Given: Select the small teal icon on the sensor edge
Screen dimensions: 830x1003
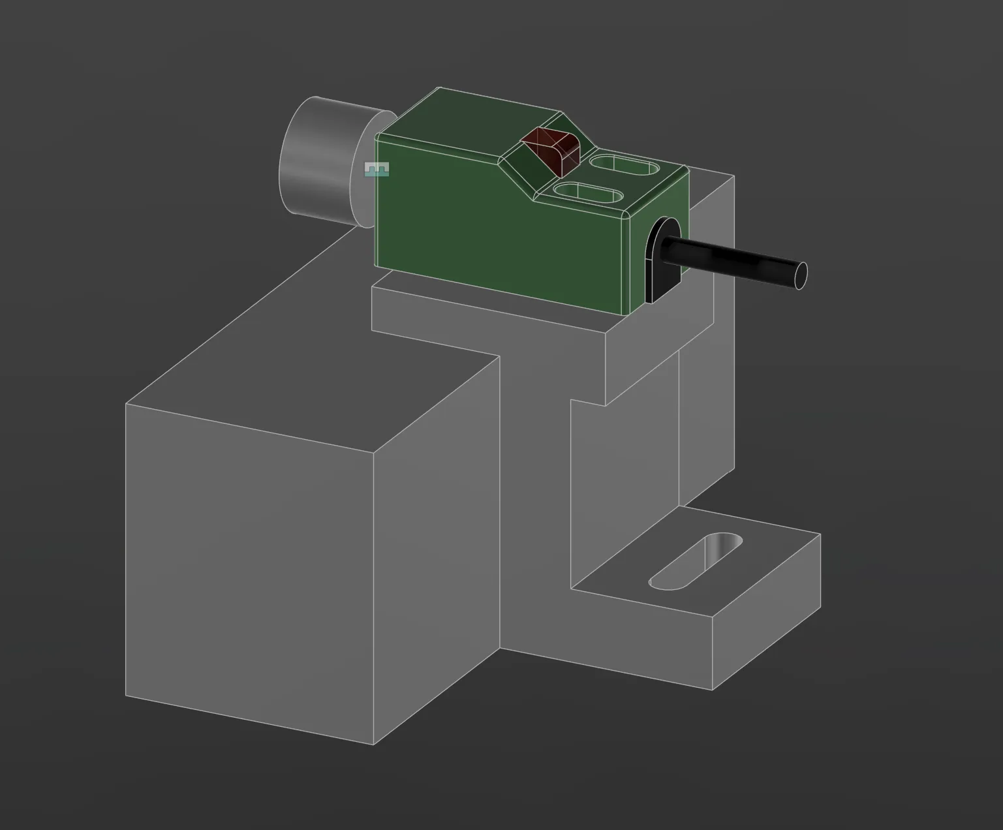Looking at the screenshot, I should click(377, 170).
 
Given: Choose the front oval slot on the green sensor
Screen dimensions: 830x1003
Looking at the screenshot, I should click(586, 194).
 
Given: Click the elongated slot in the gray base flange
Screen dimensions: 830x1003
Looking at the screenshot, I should click(695, 561).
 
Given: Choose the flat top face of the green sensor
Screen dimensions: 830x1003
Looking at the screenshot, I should click(470, 121).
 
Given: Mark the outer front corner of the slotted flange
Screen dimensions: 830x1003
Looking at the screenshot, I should click(712, 689).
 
